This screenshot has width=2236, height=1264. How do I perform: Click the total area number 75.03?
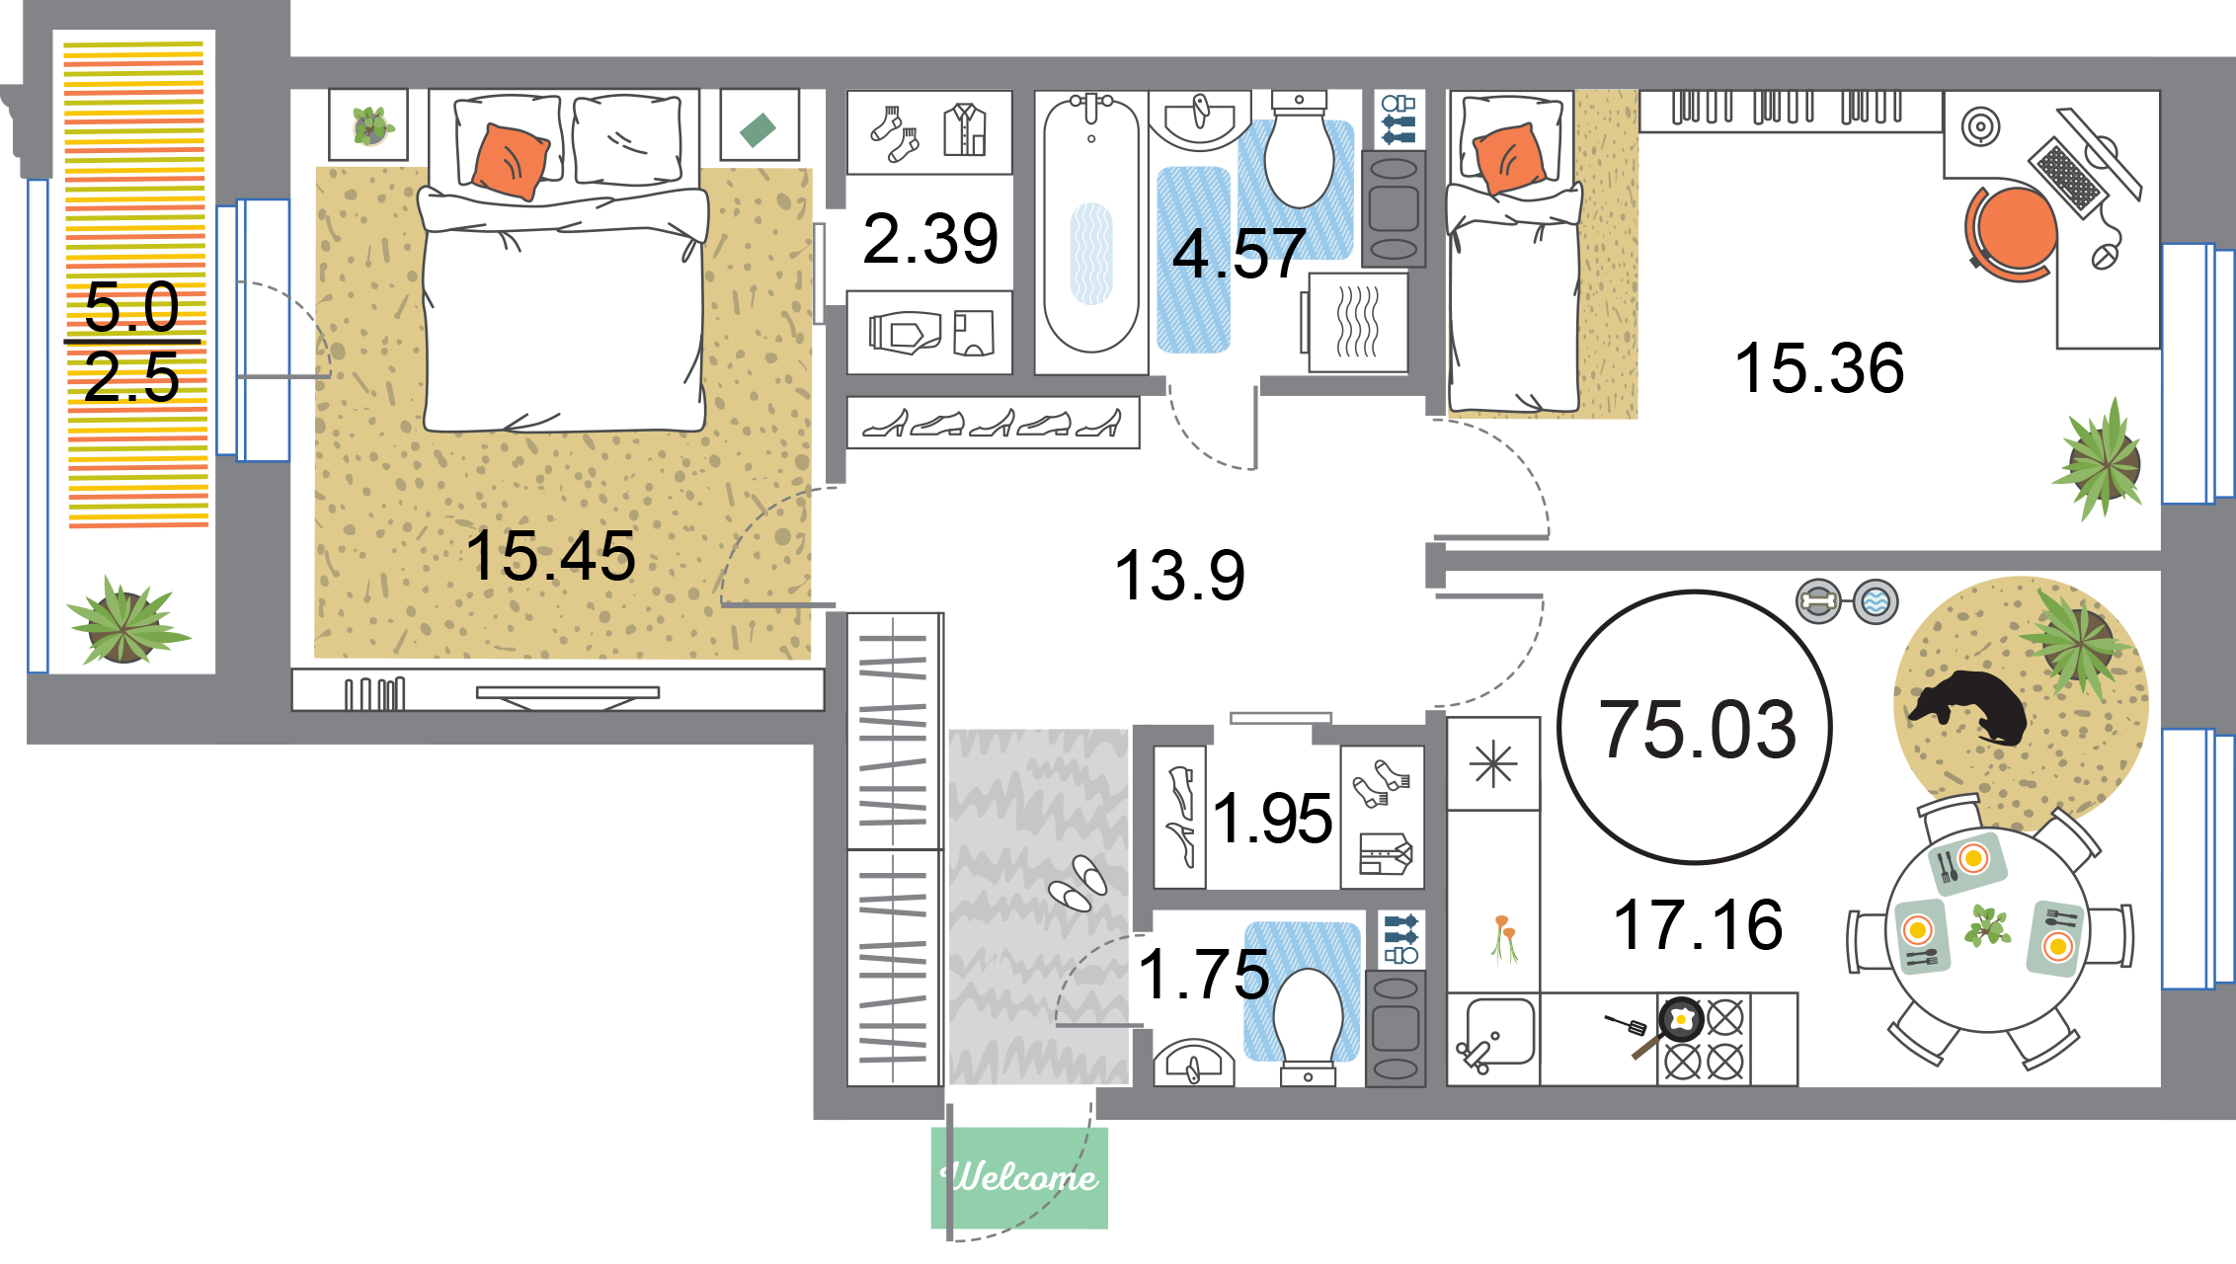[x=1698, y=729]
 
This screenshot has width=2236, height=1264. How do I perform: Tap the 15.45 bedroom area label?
[x=550, y=555]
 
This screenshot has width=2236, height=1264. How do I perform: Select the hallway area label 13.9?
[x=1179, y=575]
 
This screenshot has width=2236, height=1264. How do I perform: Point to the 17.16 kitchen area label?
[x=1698, y=924]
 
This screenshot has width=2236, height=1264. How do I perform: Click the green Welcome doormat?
[x=1019, y=1177]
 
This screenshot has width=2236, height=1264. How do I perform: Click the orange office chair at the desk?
[x=2011, y=233]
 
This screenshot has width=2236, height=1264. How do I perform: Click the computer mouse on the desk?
[x=2104, y=257]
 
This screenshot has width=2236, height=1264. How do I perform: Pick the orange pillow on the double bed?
[x=511, y=161]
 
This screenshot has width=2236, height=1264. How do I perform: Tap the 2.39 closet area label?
[x=930, y=239]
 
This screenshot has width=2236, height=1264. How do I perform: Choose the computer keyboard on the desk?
[x=2067, y=177]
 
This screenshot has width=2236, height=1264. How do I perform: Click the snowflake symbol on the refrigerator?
[x=1493, y=764]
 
